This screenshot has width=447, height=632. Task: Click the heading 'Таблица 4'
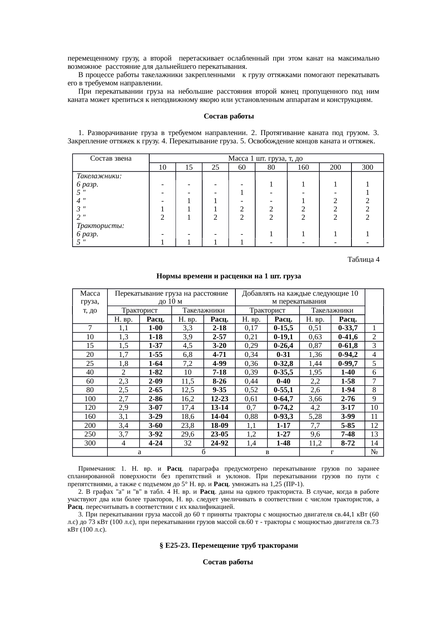pos(363,259)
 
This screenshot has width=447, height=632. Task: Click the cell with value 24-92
pos(219,443)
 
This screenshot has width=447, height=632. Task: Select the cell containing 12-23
pos(219,399)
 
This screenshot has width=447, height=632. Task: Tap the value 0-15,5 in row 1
pos(283,328)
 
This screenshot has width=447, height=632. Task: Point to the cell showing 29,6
pos(187,434)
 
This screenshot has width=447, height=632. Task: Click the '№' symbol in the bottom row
pos(374,452)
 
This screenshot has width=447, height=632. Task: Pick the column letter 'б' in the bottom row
pos(203,452)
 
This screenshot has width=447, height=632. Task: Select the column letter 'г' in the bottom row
pos(332,452)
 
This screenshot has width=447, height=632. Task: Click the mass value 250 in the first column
pos(90,434)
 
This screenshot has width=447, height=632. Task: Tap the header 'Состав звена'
pos(111,158)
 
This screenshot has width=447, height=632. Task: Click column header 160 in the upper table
pos(303,167)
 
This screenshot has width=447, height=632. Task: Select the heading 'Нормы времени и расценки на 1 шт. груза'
pos(229,276)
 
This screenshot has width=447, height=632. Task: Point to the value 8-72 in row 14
pos(348,443)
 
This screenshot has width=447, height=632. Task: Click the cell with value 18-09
pos(219,426)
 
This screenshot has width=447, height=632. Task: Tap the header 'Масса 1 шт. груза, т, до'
pos(266,158)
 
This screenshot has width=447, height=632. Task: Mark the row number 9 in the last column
pos(374,399)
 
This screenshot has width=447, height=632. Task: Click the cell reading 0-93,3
pos(283,417)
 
